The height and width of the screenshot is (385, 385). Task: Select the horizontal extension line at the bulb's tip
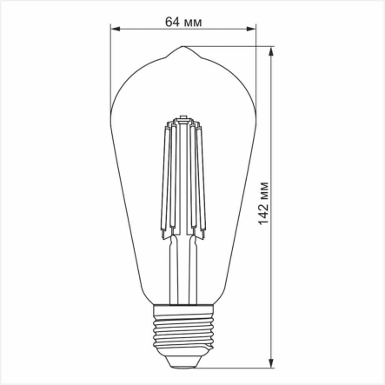click(235, 48)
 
